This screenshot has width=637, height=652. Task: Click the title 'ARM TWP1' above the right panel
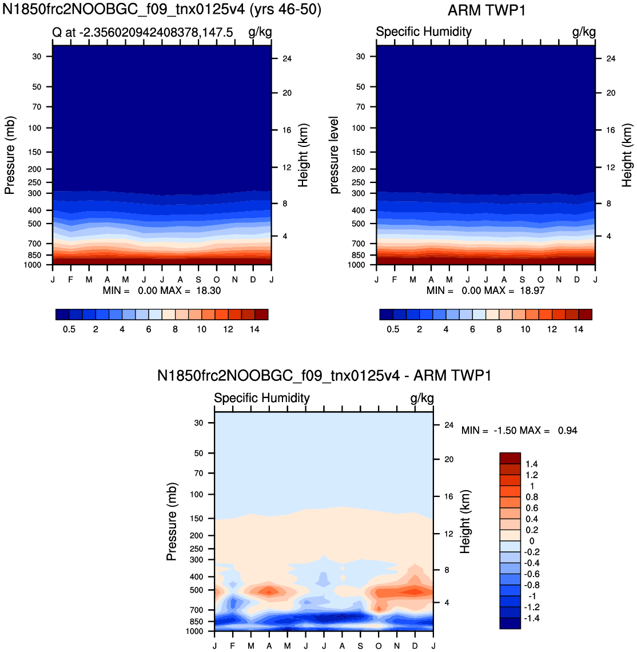(x=487, y=10)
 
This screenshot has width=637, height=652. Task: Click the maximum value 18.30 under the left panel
(x=208, y=291)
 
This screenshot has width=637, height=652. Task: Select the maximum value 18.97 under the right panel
(x=532, y=291)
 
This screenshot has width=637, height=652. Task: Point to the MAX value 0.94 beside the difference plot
(x=568, y=430)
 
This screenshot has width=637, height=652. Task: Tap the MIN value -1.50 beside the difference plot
(x=505, y=430)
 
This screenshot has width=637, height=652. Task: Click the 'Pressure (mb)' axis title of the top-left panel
(x=10, y=155)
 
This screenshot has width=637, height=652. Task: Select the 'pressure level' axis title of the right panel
(x=334, y=155)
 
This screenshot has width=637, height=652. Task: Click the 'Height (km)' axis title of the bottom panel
(x=464, y=522)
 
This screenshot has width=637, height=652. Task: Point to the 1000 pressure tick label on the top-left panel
(x=33, y=265)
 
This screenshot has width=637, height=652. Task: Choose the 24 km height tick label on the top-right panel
(x=611, y=59)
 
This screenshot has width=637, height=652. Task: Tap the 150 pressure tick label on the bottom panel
(x=196, y=519)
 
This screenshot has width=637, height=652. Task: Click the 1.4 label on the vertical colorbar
(x=531, y=464)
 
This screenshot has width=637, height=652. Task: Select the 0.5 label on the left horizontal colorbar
(x=69, y=329)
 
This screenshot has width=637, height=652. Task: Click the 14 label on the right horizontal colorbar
(x=578, y=329)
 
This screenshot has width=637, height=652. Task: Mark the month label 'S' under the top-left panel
(x=198, y=280)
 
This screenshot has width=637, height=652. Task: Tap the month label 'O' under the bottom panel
(x=379, y=646)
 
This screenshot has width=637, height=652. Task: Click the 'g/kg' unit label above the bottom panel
(x=422, y=399)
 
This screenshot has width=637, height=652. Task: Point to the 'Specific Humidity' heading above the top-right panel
(x=424, y=31)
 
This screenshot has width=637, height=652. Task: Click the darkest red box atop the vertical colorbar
(x=510, y=458)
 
